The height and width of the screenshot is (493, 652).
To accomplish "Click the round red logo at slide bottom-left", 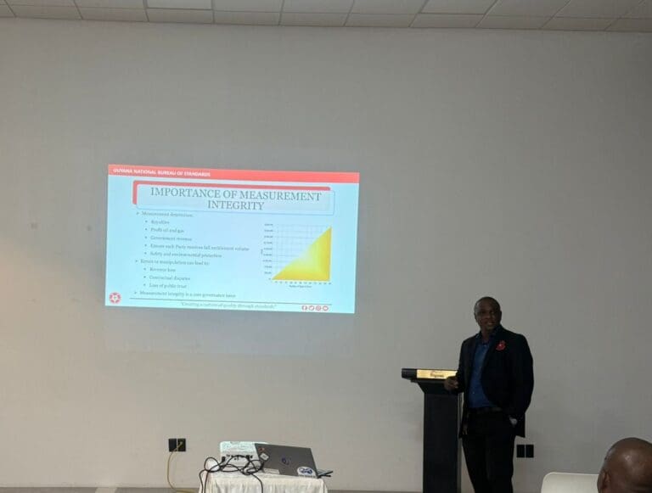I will pos(115,298).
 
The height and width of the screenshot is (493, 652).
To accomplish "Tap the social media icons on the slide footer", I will pos(314,307).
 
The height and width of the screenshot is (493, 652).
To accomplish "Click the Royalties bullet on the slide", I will pos(160,221).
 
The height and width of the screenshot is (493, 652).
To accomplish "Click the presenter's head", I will pos(486,313).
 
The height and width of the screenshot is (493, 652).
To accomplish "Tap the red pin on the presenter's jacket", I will pos(502,345).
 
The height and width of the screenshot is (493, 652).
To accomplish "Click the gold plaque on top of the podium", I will pos(436,373).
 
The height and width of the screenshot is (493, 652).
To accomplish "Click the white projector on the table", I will pos(237,450).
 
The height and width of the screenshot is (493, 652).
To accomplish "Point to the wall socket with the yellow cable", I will pos(177,444).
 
